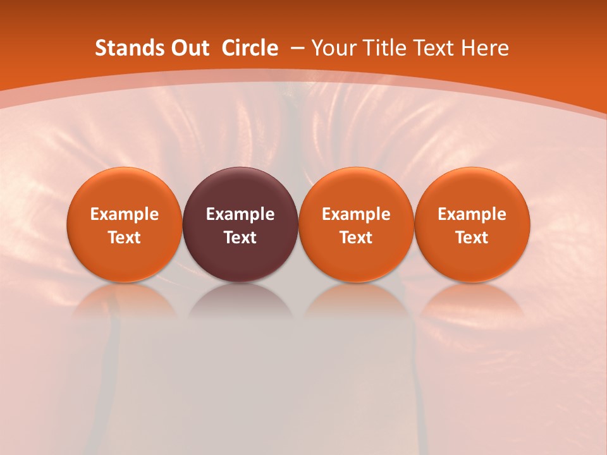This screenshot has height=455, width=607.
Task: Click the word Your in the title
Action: coord(333,48)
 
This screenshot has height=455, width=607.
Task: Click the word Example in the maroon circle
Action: coord(240,214)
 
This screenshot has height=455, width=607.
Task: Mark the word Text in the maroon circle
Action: coord(240,238)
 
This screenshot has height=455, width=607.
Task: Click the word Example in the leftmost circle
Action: coord(125,214)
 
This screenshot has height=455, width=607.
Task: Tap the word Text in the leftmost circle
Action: coord(125,238)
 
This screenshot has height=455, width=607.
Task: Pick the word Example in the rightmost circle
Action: coord(472,214)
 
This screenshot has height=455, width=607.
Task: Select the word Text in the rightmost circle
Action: coord(472,238)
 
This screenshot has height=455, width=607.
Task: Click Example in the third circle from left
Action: coord(356,214)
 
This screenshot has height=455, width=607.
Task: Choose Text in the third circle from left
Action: coord(356,238)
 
